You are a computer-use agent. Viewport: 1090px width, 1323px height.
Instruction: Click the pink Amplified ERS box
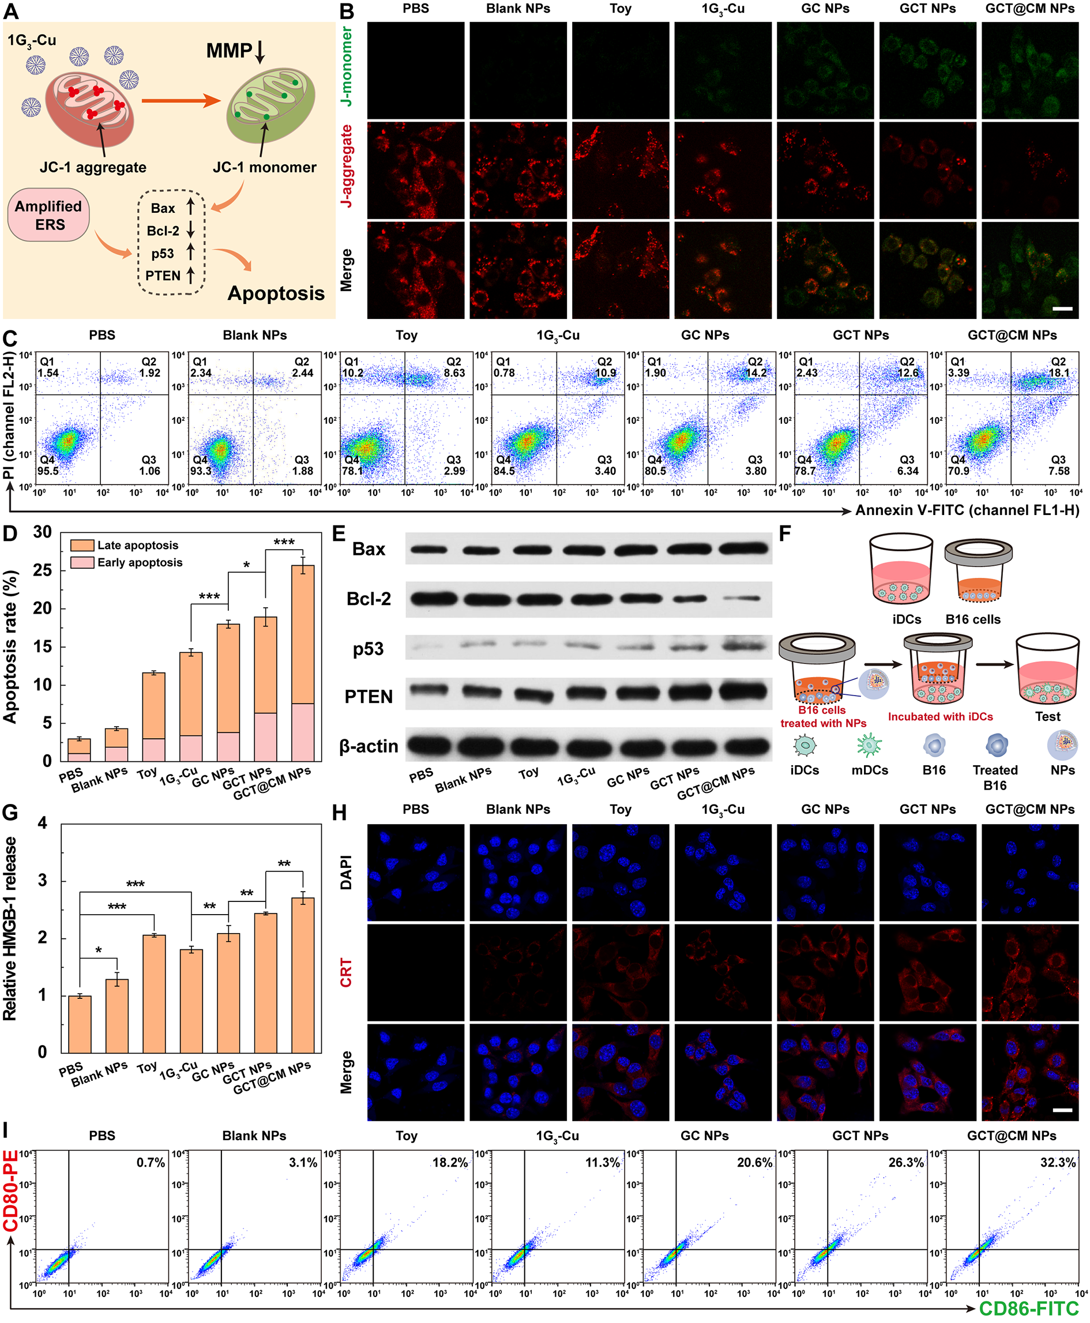(48, 215)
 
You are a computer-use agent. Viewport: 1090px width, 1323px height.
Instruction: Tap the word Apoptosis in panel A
(276, 293)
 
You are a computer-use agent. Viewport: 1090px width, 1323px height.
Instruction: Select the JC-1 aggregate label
(93, 168)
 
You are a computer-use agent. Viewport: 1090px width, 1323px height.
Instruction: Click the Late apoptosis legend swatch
(82, 545)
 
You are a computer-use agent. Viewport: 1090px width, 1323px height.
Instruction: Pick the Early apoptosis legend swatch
(82, 562)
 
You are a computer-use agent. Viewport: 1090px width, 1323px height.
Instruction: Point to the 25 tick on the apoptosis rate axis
(42, 570)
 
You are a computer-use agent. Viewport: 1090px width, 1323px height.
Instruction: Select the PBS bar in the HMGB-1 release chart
(80, 1024)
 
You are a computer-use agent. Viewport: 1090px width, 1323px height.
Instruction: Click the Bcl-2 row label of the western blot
(369, 599)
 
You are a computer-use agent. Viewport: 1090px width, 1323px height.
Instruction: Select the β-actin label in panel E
(369, 746)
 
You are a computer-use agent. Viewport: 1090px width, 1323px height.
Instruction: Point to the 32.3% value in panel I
(1058, 1162)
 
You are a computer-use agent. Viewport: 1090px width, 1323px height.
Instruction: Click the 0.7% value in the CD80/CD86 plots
(151, 1162)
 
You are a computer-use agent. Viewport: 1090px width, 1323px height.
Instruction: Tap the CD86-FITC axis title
(1028, 1309)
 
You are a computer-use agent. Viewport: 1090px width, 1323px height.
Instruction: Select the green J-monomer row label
(346, 66)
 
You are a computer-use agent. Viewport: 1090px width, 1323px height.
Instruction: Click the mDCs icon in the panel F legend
(870, 745)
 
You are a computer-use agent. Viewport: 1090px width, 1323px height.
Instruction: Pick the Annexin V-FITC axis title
(967, 510)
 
